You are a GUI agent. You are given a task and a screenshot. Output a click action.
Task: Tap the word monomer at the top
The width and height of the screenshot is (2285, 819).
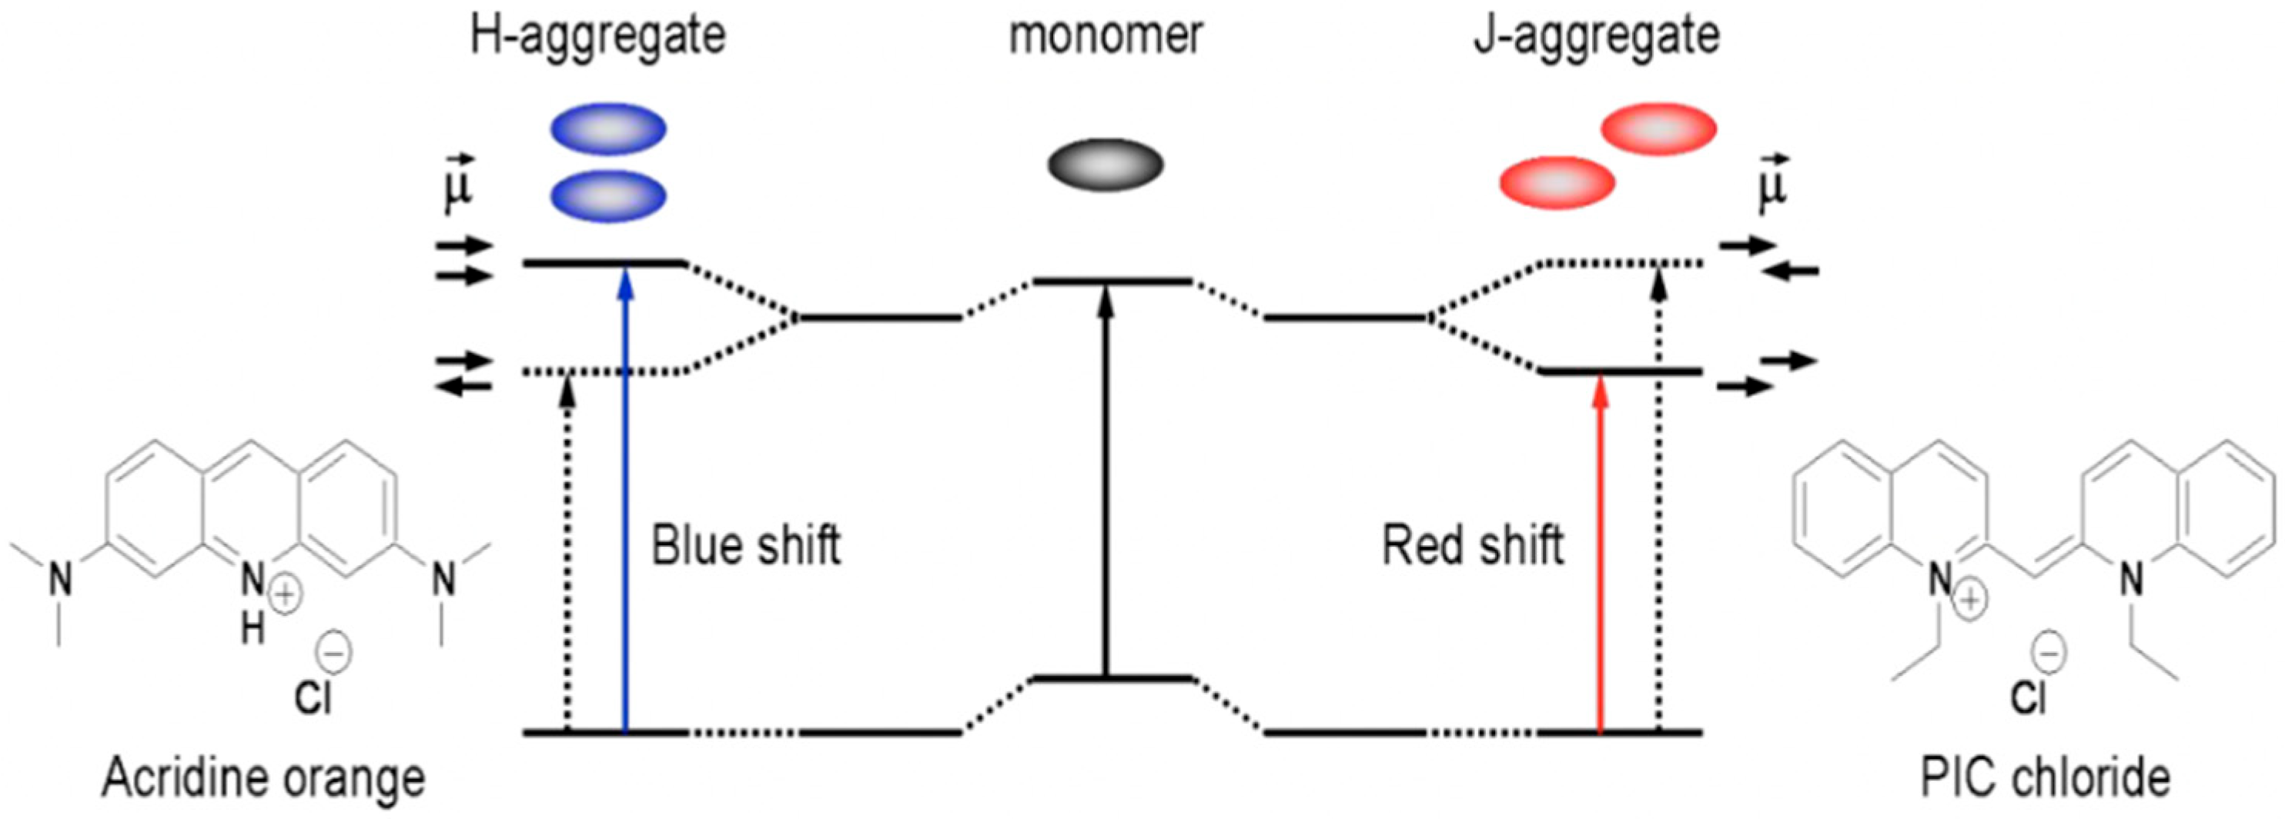pyautogui.click(x=1106, y=35)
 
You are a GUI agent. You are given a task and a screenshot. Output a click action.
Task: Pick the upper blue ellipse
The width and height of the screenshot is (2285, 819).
pyautogui.click(x=608, y=129)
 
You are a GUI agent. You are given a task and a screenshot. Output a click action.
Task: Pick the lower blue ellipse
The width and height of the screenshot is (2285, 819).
pyautogui.click(x=608, y=195)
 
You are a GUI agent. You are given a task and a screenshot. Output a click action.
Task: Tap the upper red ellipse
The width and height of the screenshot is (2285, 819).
pyautogui.click(x=1658, y=129)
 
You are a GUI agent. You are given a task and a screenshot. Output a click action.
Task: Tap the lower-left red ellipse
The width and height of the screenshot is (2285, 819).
pyautogui.click(x=1557, y=184)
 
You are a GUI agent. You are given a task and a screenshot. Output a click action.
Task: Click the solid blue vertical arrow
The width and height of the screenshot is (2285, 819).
pyautogui.click(x=625, y=496)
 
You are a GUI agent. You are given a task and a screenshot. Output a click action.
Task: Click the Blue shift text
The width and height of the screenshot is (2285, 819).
pyautogui.click(x=745, y=544)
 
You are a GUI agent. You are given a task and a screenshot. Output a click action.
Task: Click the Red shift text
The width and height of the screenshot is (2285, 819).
pyautogui.click(x=1473, y=544)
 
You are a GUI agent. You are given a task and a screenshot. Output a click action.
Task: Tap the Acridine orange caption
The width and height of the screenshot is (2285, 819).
pyautogui.click(x=263, y=779)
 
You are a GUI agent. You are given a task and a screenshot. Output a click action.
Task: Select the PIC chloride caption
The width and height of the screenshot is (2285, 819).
pyautogui.click(x=2046, y=779)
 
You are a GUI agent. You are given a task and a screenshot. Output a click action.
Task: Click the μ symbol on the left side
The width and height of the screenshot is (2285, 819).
pyautogui.click(x=458, y=186)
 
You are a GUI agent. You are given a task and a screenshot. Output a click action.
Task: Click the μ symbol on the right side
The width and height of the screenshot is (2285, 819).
pyautogui.click(x=1772, y=186)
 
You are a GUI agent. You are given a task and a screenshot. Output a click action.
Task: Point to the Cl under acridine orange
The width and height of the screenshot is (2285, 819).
pyautogui.click(x=313, y=697)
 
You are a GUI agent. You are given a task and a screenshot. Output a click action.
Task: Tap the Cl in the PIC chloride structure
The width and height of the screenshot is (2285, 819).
pyautogui.click(x=2028, y=697)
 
